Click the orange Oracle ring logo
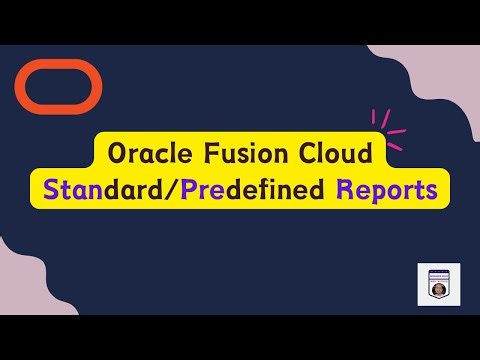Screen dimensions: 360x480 (x=59, y=70)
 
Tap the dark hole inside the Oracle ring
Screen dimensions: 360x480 (x=59, y=87)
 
